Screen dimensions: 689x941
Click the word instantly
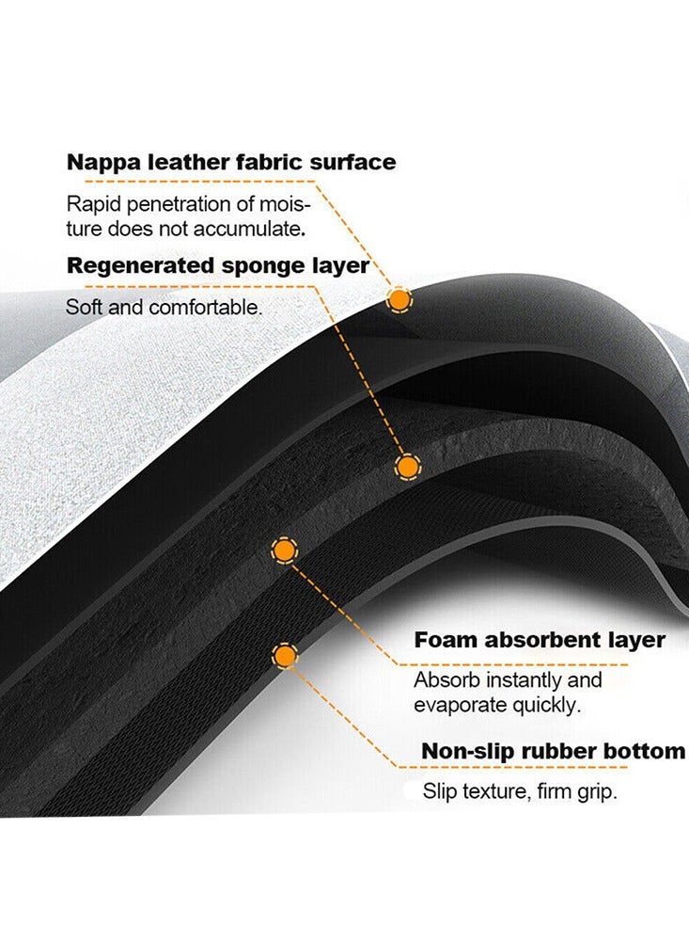[x=523, y=680]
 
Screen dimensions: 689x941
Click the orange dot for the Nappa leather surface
[x=399, y=299]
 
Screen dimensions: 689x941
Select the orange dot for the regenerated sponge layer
[x=408, y=467]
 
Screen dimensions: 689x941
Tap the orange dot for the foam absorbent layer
[x=284, y=550]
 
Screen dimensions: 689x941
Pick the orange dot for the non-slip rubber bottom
[x=286, y=656]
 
